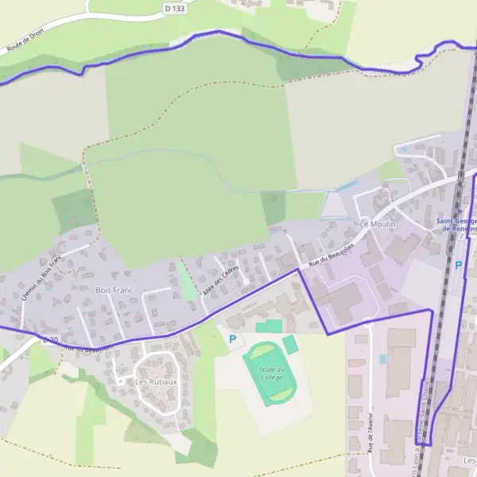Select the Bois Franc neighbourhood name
tap(114, 292)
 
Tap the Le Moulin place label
tap(378, 225)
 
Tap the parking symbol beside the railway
tap(458, 265)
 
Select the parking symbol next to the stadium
tap(233, 339)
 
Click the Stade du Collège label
tap(271, 372)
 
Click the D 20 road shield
tap(49, 340)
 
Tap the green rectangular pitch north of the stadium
tap(269, 326)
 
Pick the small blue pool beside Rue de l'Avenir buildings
tap(382, 359)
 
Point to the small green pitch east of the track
tap(290, 344)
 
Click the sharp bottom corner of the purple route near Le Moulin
tap(328, 334)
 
